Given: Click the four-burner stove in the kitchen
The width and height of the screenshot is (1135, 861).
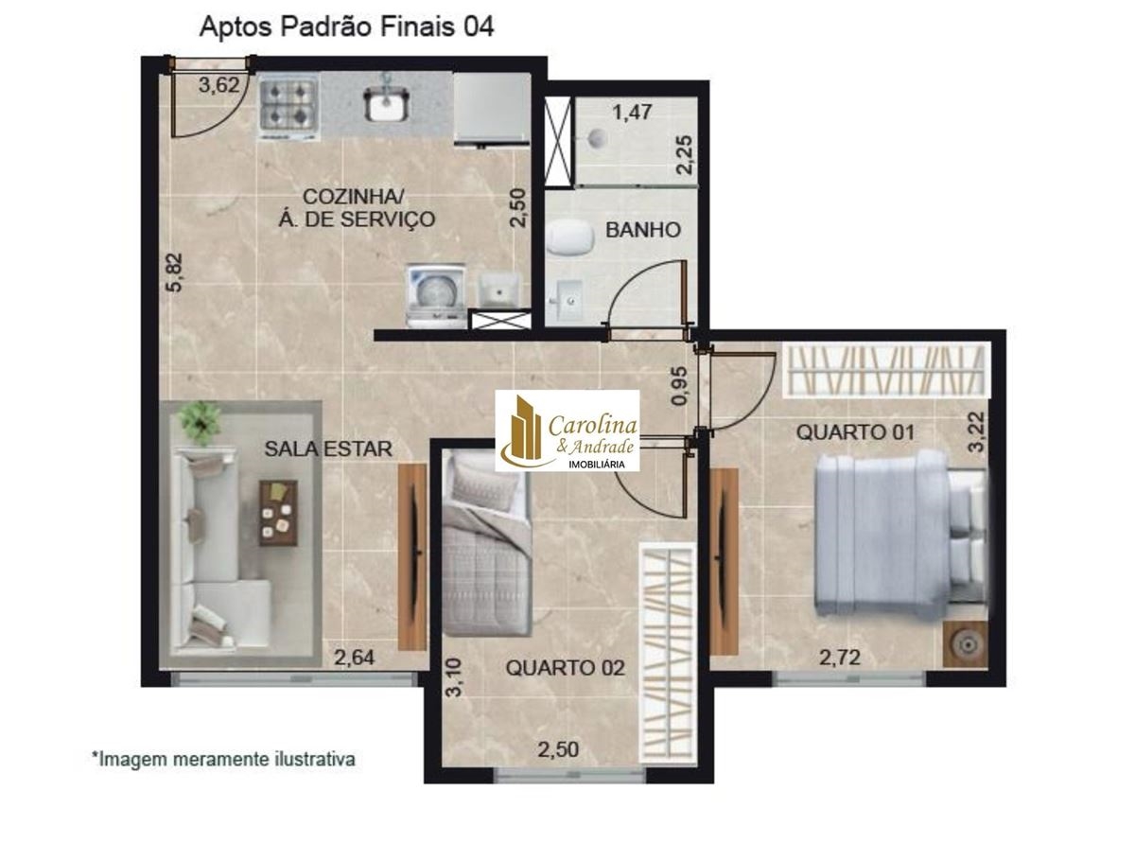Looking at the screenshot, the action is (287, 108).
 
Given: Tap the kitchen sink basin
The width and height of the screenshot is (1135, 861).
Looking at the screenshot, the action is (386, 103).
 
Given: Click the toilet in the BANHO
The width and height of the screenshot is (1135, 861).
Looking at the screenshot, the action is (570, 237).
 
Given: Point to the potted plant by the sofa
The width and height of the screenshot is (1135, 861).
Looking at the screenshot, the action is (200, 423).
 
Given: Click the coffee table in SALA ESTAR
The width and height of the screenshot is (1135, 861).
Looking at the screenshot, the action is (278, 513).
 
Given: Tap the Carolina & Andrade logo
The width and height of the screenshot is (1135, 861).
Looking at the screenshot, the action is (567, 430).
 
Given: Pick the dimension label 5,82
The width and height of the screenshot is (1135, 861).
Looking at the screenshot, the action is (175, 272).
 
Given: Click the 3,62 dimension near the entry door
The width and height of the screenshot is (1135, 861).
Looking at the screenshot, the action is (219, 85).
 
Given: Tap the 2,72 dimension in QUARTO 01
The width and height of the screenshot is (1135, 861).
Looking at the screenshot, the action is (840, 658).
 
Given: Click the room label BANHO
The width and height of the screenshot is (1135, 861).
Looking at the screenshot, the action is (643, 230).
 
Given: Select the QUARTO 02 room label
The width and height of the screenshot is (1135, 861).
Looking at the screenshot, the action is (566, 668).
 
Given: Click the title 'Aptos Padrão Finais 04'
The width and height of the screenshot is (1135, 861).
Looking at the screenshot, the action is (346, 26).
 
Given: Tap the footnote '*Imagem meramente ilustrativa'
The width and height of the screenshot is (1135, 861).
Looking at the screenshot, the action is (223, 759).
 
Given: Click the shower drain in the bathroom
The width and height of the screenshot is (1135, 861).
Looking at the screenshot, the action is (597, 138).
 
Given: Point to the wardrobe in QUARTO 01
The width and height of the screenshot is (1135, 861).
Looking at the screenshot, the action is (885, 370).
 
